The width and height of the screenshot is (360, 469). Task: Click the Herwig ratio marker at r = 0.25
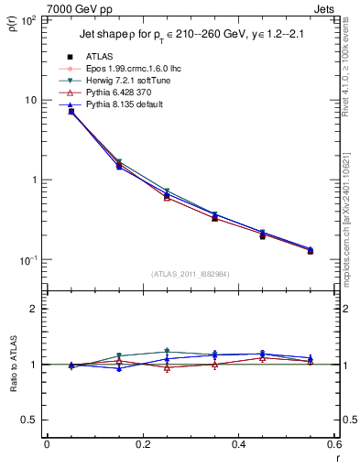(167, 351)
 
